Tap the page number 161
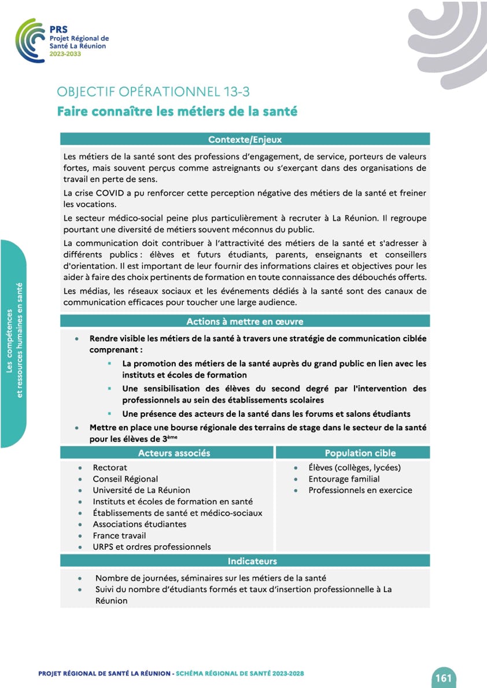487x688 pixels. (444, 678)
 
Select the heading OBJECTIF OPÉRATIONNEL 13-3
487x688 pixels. (153, 92)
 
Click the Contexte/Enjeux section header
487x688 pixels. (245, 139)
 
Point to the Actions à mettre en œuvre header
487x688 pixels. (245, 321)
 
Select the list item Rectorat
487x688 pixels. (110, 467)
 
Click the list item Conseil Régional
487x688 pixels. (125, 479)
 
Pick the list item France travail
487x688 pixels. (119, 535)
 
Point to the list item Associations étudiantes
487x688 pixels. (139, 524)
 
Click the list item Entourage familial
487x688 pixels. (344, 479)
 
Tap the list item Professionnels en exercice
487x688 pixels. (360, 490)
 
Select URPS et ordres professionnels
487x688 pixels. (152, 546)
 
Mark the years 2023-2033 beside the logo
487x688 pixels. (65, 54)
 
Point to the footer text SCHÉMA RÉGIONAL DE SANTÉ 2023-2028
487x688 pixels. (240, 674)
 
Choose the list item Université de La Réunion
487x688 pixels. (141, 490)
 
